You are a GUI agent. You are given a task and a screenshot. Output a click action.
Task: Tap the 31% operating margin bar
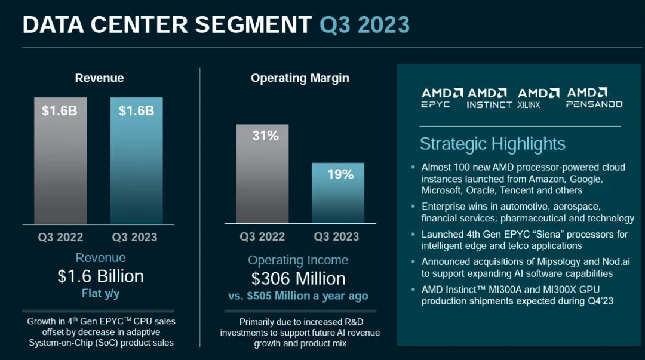click(262, 174)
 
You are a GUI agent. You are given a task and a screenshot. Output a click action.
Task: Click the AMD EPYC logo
click(442, 98)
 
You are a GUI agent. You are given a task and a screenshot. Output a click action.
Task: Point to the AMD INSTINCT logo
click(489, 98)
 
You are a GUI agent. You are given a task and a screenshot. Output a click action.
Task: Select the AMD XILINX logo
click(538, 98)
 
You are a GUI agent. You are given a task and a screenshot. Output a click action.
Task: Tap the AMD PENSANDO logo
click(594, 98)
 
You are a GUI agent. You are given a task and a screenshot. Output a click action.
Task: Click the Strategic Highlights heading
click(492, 144)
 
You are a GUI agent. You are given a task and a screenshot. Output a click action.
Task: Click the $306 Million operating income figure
click(298, 279)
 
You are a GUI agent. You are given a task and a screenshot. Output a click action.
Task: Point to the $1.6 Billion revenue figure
click(100, 276)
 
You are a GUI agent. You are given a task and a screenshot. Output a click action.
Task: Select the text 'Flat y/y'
click(100, 293)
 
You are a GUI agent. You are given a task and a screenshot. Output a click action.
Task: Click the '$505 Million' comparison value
click(284, 296)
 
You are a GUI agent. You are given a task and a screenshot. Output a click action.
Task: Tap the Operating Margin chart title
click(300, 78)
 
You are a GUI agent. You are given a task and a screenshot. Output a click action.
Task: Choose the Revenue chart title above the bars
click(99, 78)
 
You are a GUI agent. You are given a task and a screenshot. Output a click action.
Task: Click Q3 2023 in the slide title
click(364, 24)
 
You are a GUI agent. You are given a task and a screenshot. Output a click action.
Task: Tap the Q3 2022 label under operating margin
click(262, 236)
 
